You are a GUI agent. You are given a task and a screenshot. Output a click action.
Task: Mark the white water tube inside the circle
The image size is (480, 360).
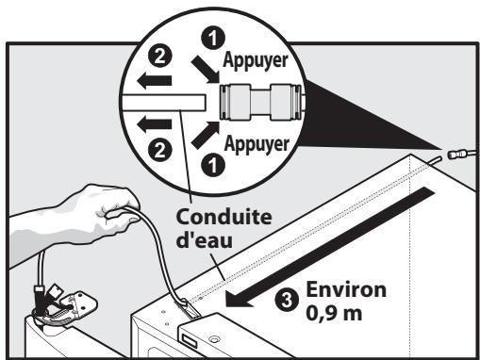[x=165, y=99]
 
